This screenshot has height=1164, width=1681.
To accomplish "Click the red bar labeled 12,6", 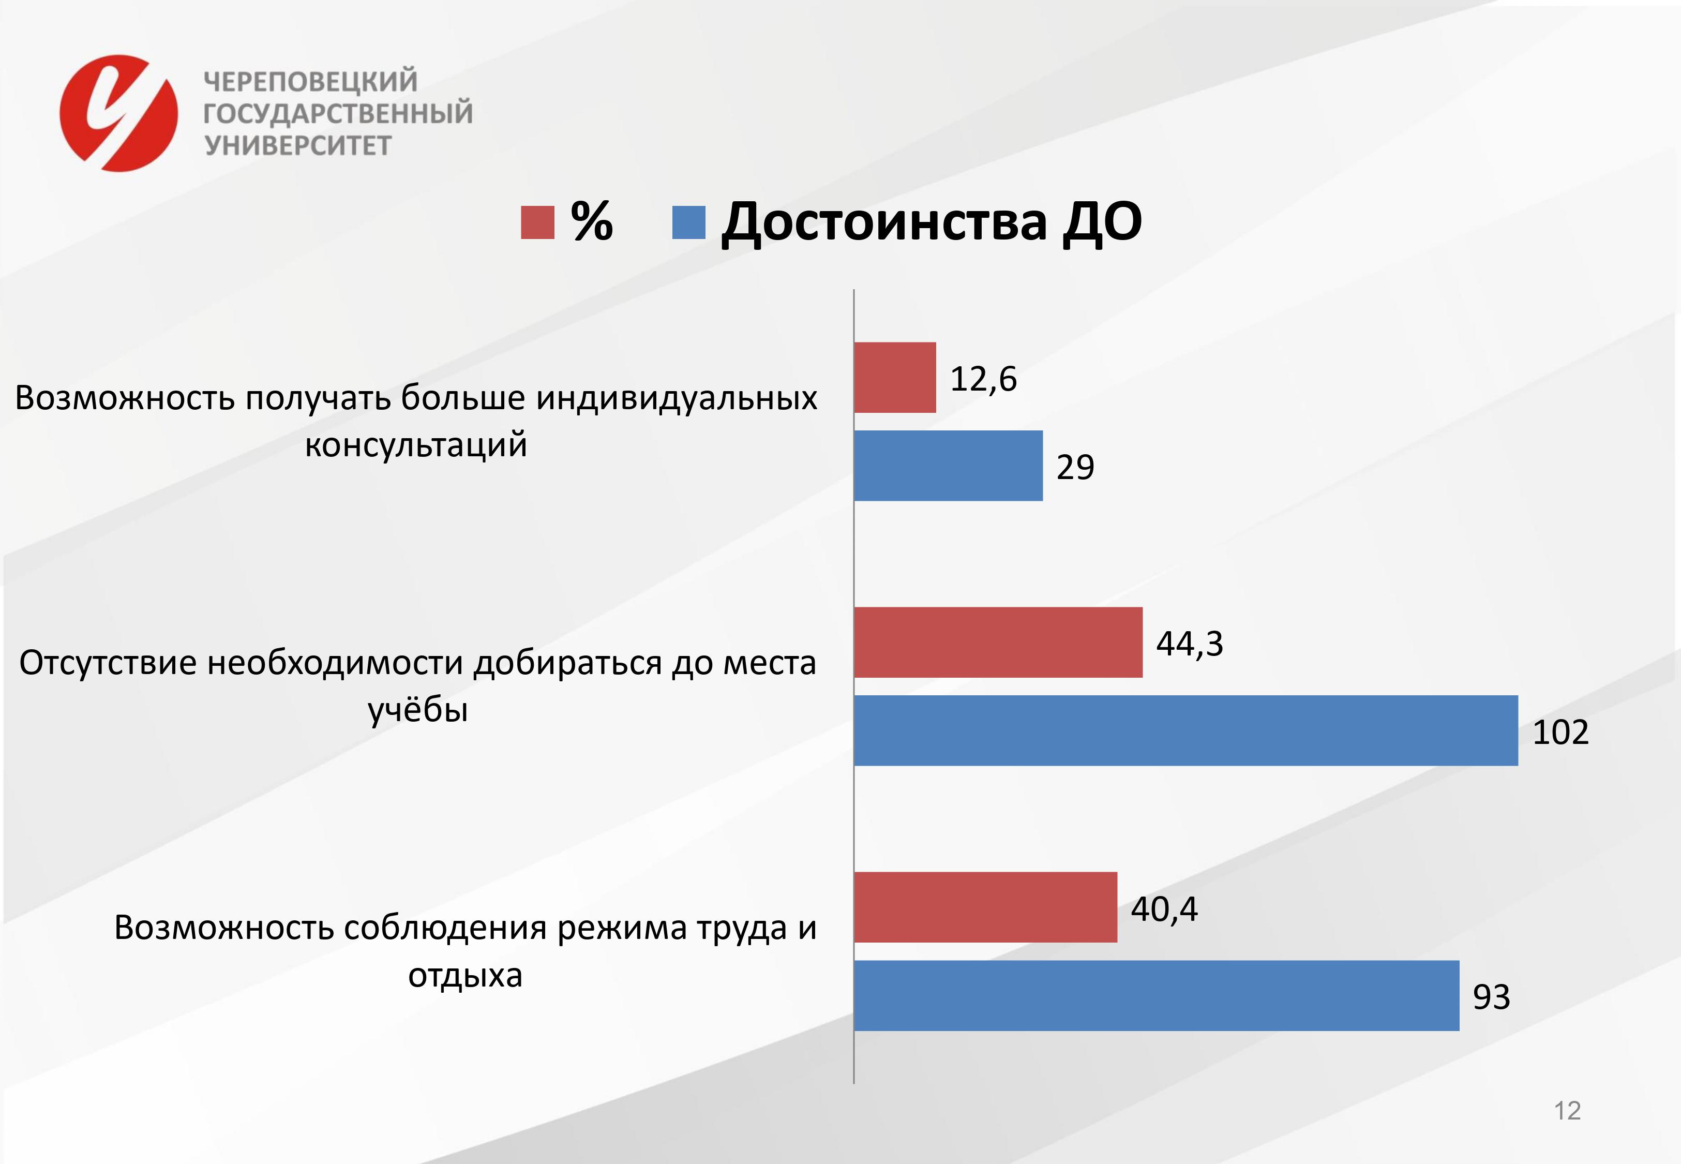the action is pos(895,377).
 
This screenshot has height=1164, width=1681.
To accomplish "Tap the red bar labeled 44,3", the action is pos(999,642).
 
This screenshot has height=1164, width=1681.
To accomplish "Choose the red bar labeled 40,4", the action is pos(985,907).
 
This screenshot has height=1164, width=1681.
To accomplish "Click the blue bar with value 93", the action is pos(1157,995).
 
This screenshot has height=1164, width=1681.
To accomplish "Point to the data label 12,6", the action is pos(983,379).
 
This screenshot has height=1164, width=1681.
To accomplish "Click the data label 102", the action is pos(1560,732).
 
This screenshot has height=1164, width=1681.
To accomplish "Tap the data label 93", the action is pos(1492,997).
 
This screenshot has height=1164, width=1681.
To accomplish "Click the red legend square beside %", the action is pos(537,222).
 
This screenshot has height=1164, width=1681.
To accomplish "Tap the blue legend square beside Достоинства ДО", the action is pos(689,222).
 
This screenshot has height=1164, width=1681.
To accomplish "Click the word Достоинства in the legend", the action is pos(883,222).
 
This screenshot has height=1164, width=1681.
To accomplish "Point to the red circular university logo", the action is pos(119,113).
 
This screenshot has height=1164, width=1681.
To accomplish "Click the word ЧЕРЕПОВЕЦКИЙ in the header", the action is pos(310,81).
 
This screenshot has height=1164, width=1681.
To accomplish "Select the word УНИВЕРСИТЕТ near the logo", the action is pos(297,146).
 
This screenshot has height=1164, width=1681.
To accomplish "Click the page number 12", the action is pos(1567,1111).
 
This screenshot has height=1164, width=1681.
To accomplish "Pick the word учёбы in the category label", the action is pos(418,710).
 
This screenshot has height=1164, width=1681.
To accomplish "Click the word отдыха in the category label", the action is pos(465,975).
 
